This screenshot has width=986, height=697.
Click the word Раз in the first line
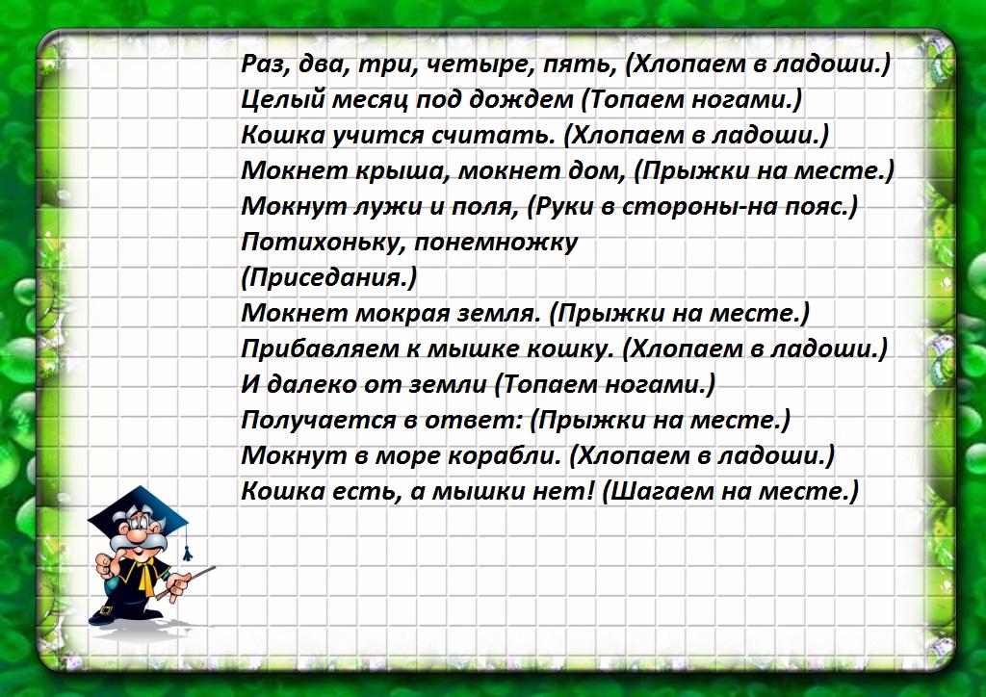263,65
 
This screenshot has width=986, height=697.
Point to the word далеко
309,384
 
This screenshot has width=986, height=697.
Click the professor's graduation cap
134,515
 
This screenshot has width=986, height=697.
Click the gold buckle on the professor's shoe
108,611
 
